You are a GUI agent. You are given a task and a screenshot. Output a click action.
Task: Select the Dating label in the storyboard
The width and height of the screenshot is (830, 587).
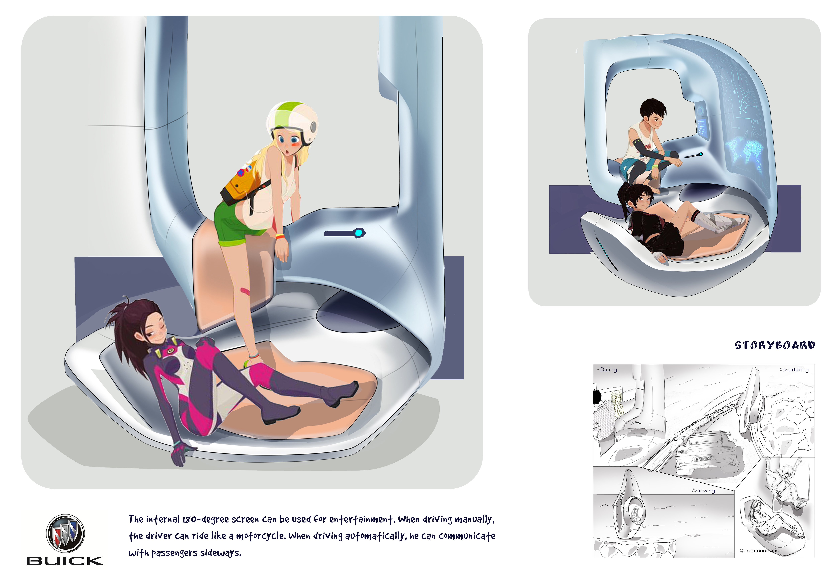[x=608, y=370]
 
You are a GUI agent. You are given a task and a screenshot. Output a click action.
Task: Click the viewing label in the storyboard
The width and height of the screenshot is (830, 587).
[x=705, y=491]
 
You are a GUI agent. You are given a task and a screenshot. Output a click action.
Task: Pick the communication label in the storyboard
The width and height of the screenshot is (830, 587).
[x=763, y=551]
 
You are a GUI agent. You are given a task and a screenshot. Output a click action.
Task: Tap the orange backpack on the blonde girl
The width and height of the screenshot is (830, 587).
[x=240, y=184]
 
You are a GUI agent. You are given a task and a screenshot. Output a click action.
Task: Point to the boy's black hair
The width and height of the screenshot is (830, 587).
[x=652, y=108]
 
